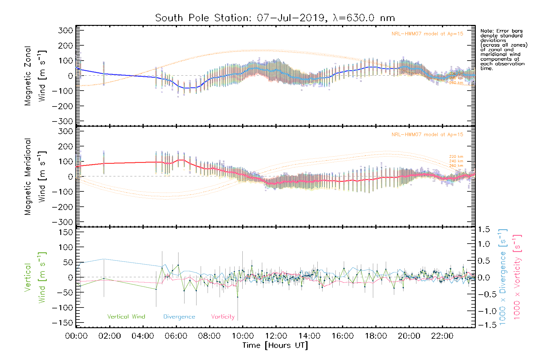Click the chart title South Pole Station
click(x=275, y=18)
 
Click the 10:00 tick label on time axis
click(x=243, y=336)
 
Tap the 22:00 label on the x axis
click(x=442, y=336)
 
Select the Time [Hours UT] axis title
click(x=275, y=345)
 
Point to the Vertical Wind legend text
click(x=126, y=317)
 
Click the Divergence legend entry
click(x=179, y=317)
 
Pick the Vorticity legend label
click(x=223, y=317)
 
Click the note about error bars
click(x=503, y=49)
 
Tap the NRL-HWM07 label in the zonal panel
click(x=427, y=34)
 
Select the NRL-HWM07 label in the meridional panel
click(x=427, y=135)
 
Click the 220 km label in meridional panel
click(x=456, y=157)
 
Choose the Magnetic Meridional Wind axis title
click(x=35, y=176)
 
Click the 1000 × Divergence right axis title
click(x=502, y=277)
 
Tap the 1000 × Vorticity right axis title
click(x=517, y=277)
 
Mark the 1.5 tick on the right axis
click(x=484, y=229)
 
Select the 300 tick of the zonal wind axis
click(x=66, y=30)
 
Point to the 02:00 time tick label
click(x=109, y=336)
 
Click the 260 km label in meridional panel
click(x=456, y=166)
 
